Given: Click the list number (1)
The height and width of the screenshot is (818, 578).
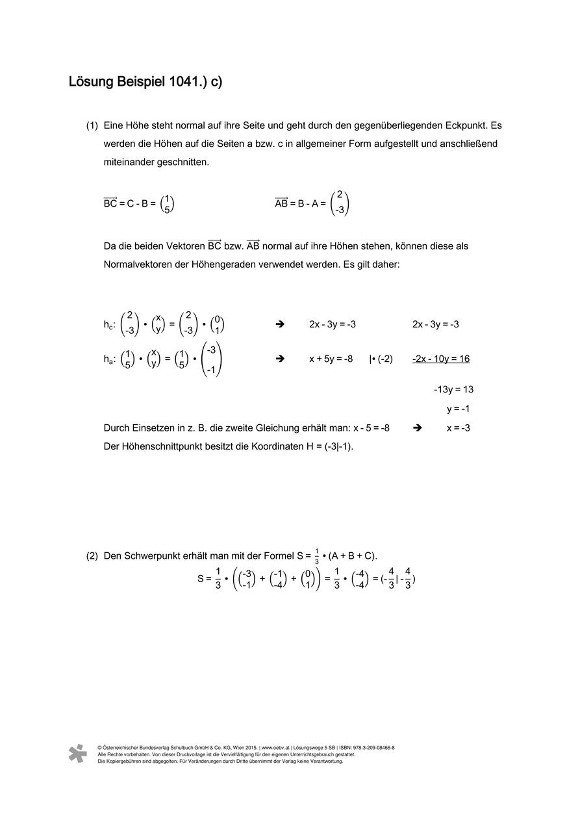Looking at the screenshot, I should click(x=92, y=125).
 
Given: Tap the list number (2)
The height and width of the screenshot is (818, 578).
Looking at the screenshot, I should click(x=92, y=556).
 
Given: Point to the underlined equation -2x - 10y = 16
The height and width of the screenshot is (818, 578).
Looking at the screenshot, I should click(x=440, y=359).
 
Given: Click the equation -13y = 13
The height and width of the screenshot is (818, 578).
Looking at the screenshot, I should click(x=453, y=389).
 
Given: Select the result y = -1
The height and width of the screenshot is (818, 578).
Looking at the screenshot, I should click(x=458, y=409).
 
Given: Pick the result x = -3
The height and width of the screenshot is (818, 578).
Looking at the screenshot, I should click(x=458, y=428).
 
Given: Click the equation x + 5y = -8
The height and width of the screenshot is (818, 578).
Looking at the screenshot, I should click(x=331, y=359).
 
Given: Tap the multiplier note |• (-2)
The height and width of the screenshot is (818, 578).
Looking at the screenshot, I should click(x=381, y=359).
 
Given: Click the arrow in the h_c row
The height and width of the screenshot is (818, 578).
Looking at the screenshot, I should click(x=281, y=324).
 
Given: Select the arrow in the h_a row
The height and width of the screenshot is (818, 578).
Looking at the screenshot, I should click(x=281, y=359).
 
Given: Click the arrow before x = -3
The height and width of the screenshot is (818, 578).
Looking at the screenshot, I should click(x=418, y=428).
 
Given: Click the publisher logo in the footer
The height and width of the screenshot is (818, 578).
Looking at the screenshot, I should click(x=77, y=753).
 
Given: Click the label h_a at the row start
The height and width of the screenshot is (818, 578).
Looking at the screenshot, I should click(x=109, y=359).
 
